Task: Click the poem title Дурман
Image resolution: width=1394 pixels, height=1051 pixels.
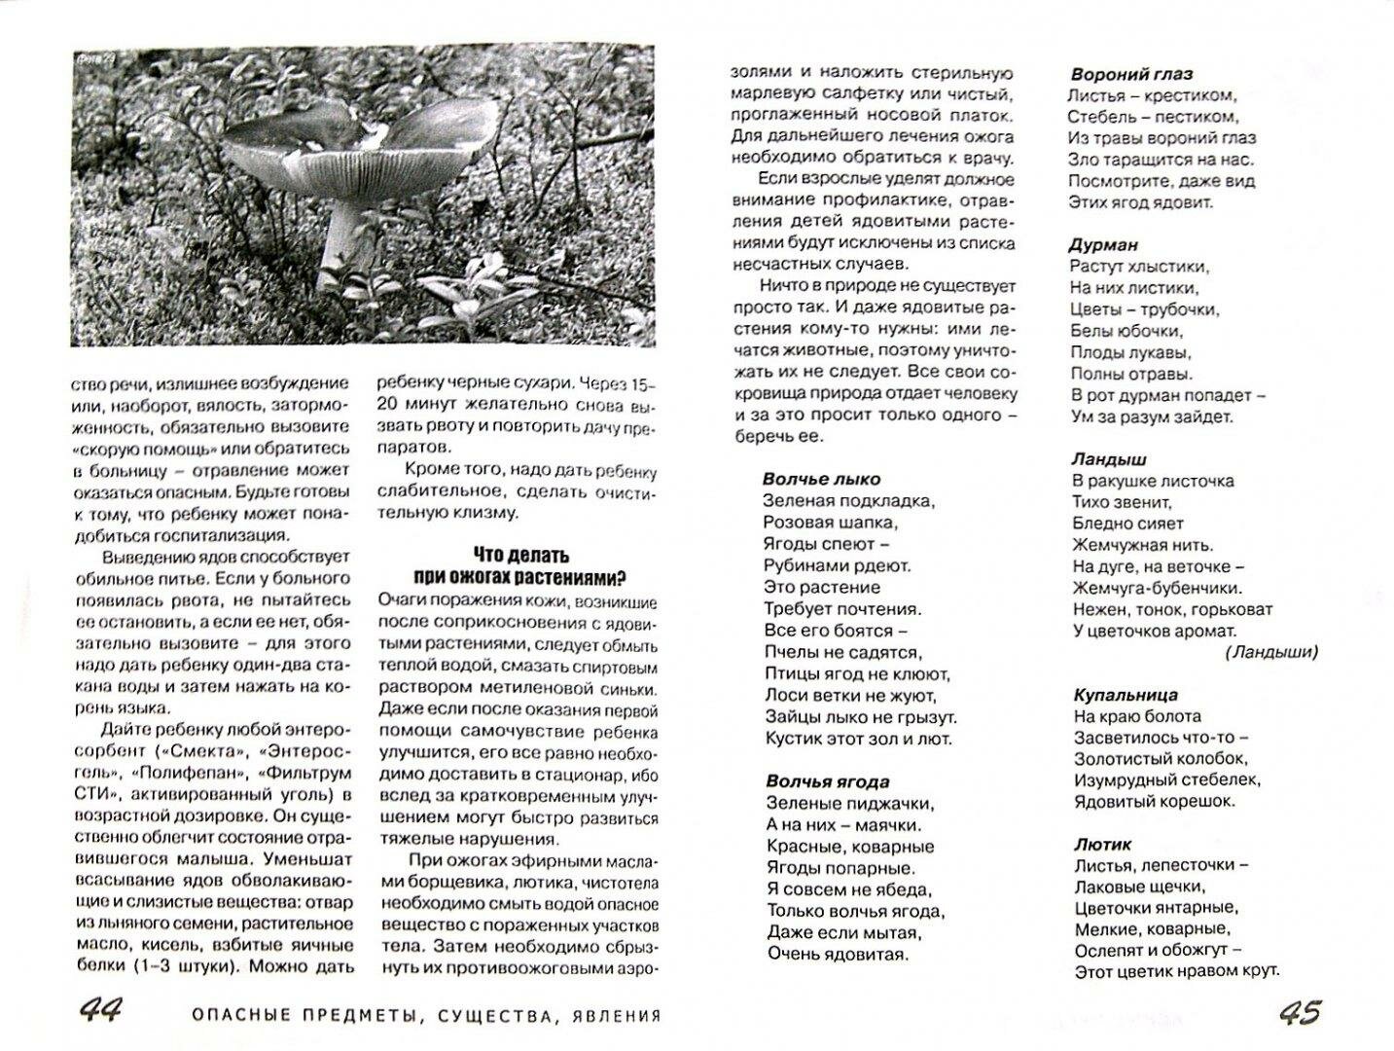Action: (1104, 245)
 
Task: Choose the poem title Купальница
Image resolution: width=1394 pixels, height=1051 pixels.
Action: (1126, 695)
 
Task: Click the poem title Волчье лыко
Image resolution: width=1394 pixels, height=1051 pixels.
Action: (822, 479)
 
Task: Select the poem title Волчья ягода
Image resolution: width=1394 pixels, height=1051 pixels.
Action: (827, 781)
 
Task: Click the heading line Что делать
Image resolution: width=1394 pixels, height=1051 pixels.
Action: (518, 556)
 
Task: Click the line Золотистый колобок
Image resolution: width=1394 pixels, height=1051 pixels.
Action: (1160, 759)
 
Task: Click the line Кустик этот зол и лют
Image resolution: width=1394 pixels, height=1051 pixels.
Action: (858, 739)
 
